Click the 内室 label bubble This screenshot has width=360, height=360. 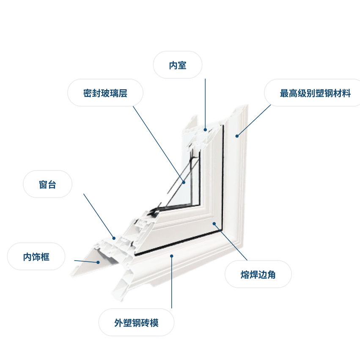[x=178, y=65]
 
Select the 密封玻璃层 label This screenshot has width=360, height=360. [x=105, y=93]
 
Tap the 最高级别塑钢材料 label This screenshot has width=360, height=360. [x=315, y=93]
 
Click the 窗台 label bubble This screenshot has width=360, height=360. [x=47, y=184]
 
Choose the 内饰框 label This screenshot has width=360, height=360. [x=36, y=256]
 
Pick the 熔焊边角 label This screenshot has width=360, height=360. [x=258, y=274]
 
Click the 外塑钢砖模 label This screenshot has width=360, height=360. [x=136, y=322]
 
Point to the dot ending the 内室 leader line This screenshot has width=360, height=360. [x=205, y=130]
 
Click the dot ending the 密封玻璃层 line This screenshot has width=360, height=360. [x=184, y=182]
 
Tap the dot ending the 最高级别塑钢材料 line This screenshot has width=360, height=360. [x=237, y=136]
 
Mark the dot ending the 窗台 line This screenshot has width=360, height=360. [x=114, y=238]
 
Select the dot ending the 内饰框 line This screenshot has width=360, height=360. [x=98, y=262]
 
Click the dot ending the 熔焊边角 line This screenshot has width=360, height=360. [x=214, y=224]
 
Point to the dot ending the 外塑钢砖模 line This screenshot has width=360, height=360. [x=171, y=256]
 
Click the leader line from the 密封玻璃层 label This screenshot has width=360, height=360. [x=158, y=144]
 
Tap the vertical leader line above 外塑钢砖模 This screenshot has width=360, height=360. [x=171, y=282]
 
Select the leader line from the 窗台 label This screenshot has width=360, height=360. [x=99, y=216]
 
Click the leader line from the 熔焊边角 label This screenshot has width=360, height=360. [x=231, y=242]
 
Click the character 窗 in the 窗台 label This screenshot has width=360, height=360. [x=43, y=184]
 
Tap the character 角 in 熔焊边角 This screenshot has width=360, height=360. [x=271, y=275]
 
